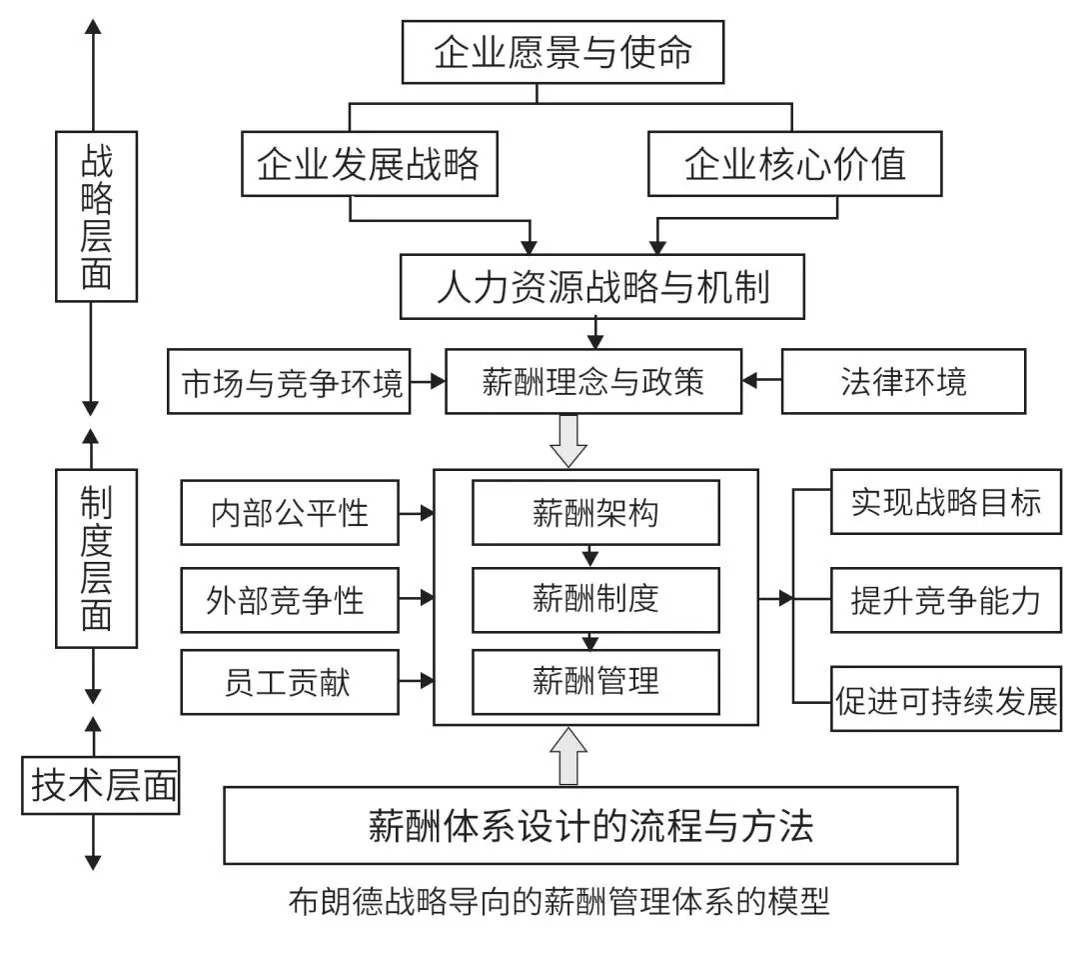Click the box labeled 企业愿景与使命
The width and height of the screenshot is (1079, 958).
562,53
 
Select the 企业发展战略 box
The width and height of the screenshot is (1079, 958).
369,164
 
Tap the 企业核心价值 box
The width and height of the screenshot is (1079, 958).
795,164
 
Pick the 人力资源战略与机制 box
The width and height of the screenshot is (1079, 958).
602,287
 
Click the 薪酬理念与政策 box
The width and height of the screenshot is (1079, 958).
593,381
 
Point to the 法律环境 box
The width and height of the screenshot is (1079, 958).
903,381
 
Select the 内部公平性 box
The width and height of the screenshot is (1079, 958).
290,513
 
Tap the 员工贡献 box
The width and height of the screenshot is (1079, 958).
290,682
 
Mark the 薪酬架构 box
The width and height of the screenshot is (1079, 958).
595,513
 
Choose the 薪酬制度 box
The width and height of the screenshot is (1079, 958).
595,599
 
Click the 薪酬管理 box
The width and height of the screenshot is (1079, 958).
595,682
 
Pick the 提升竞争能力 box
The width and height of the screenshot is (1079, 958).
945,601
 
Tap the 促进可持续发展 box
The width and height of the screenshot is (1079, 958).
945,699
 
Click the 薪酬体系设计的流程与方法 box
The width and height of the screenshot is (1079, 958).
591,825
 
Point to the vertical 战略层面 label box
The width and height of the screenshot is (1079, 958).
96,215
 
